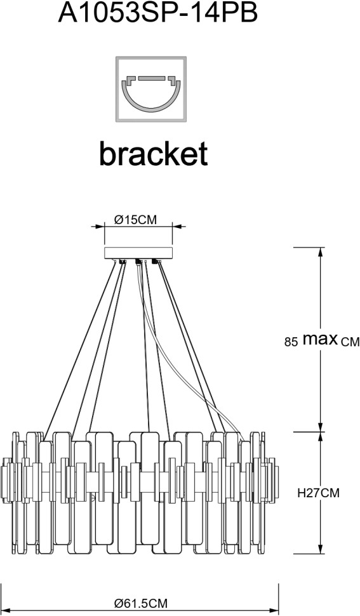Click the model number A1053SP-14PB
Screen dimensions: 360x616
(x=158, y=13)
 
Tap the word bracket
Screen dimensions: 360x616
(x=153, y=153)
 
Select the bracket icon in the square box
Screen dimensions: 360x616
(x=150, y=89)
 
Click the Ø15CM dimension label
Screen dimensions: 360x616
(x=135, y=220)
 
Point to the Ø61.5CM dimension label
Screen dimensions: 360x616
(x=141, y=603)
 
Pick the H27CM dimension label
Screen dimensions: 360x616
(x=318, y=492)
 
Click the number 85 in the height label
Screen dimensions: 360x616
(x=291, y=342)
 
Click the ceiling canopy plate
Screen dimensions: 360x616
(x=138, y=253)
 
